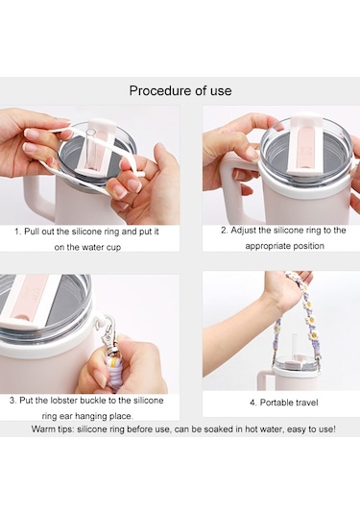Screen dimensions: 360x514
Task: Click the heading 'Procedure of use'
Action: pos(180,91)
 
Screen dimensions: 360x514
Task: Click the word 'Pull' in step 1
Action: pos(31,232)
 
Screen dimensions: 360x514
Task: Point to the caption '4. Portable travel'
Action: pos(283,403)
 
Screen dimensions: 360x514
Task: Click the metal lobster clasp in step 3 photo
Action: pos(109,332)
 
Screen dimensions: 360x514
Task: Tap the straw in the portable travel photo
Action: pos(295,345)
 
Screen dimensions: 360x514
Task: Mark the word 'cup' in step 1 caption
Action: pos(113,247)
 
